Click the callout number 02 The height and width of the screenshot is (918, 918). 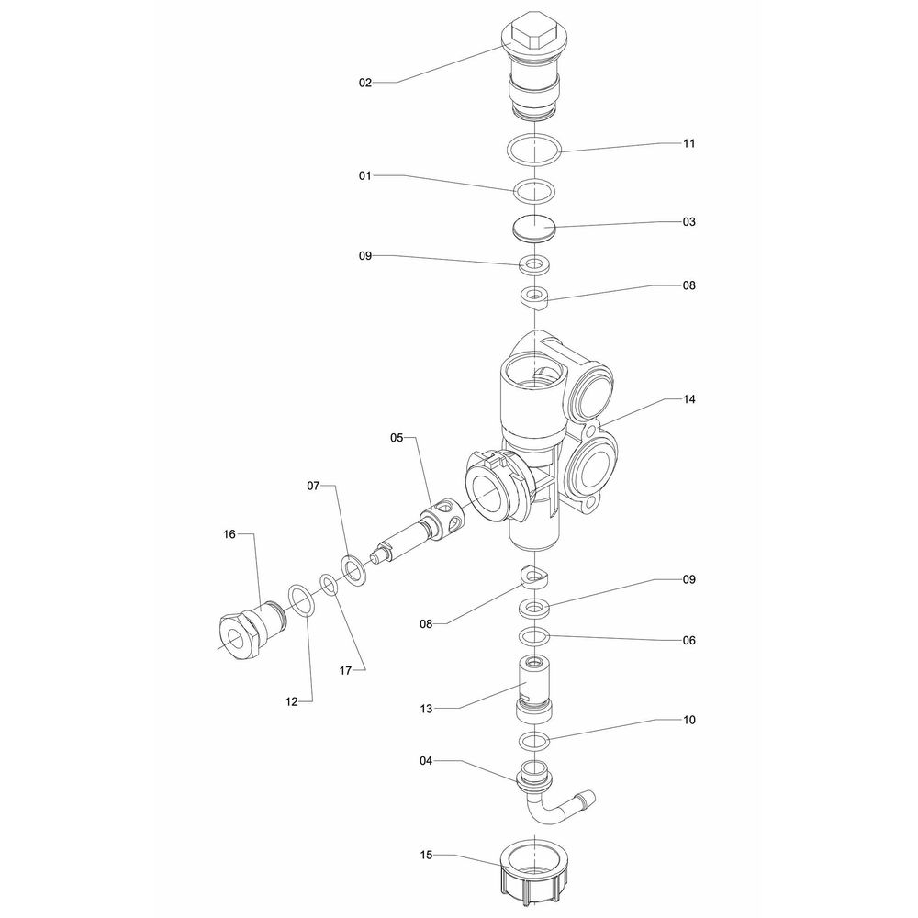pos(365,83)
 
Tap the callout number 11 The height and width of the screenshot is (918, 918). pos(689,144)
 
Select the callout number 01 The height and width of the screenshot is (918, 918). pos(365,174)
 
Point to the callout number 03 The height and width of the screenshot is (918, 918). pos(689,222)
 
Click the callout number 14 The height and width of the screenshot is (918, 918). pos(689,400)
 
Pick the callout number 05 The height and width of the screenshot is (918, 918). pos(397,438)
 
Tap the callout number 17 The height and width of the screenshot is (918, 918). pos(346,670)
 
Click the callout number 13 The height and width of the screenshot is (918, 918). pos(427,709)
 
